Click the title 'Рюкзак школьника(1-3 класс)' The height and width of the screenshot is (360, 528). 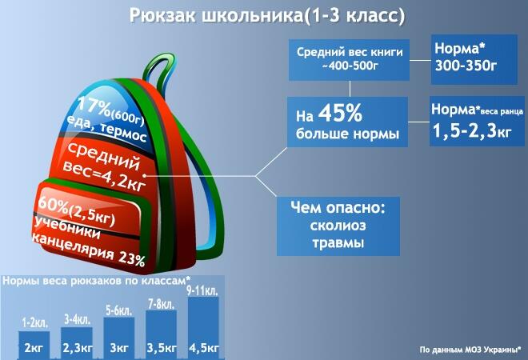click(x=267, y=16)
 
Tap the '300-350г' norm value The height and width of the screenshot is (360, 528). click(x=466, y=66)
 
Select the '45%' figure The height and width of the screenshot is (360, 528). click(x=340, y=113)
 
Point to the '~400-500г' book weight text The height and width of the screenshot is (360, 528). click(x=350, y=66)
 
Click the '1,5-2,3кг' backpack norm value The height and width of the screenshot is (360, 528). click(x=472, y=130)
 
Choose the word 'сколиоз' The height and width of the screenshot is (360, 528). click(x=338, y=226)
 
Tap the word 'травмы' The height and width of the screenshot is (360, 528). click(x=338, y=243)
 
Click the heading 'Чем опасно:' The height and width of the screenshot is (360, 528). click(x=338, y=207)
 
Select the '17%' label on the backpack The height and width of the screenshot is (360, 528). click(x=94, y=106)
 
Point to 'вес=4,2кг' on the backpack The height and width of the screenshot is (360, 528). click(x=104, y=178)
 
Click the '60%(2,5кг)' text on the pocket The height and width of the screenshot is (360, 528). click(x=77, y=211)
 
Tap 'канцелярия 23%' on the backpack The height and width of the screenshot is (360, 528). click(x=89, y=250)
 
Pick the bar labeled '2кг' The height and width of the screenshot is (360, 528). click(x=34, y=345)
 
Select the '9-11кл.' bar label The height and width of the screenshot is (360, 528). click(x=202, y=290)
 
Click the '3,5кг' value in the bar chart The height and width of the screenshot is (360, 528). click(x=162, y=348)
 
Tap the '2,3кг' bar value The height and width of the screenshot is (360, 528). click(x=77, y=348)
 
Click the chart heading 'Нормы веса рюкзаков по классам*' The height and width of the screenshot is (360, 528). click(x=96, y=281)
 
